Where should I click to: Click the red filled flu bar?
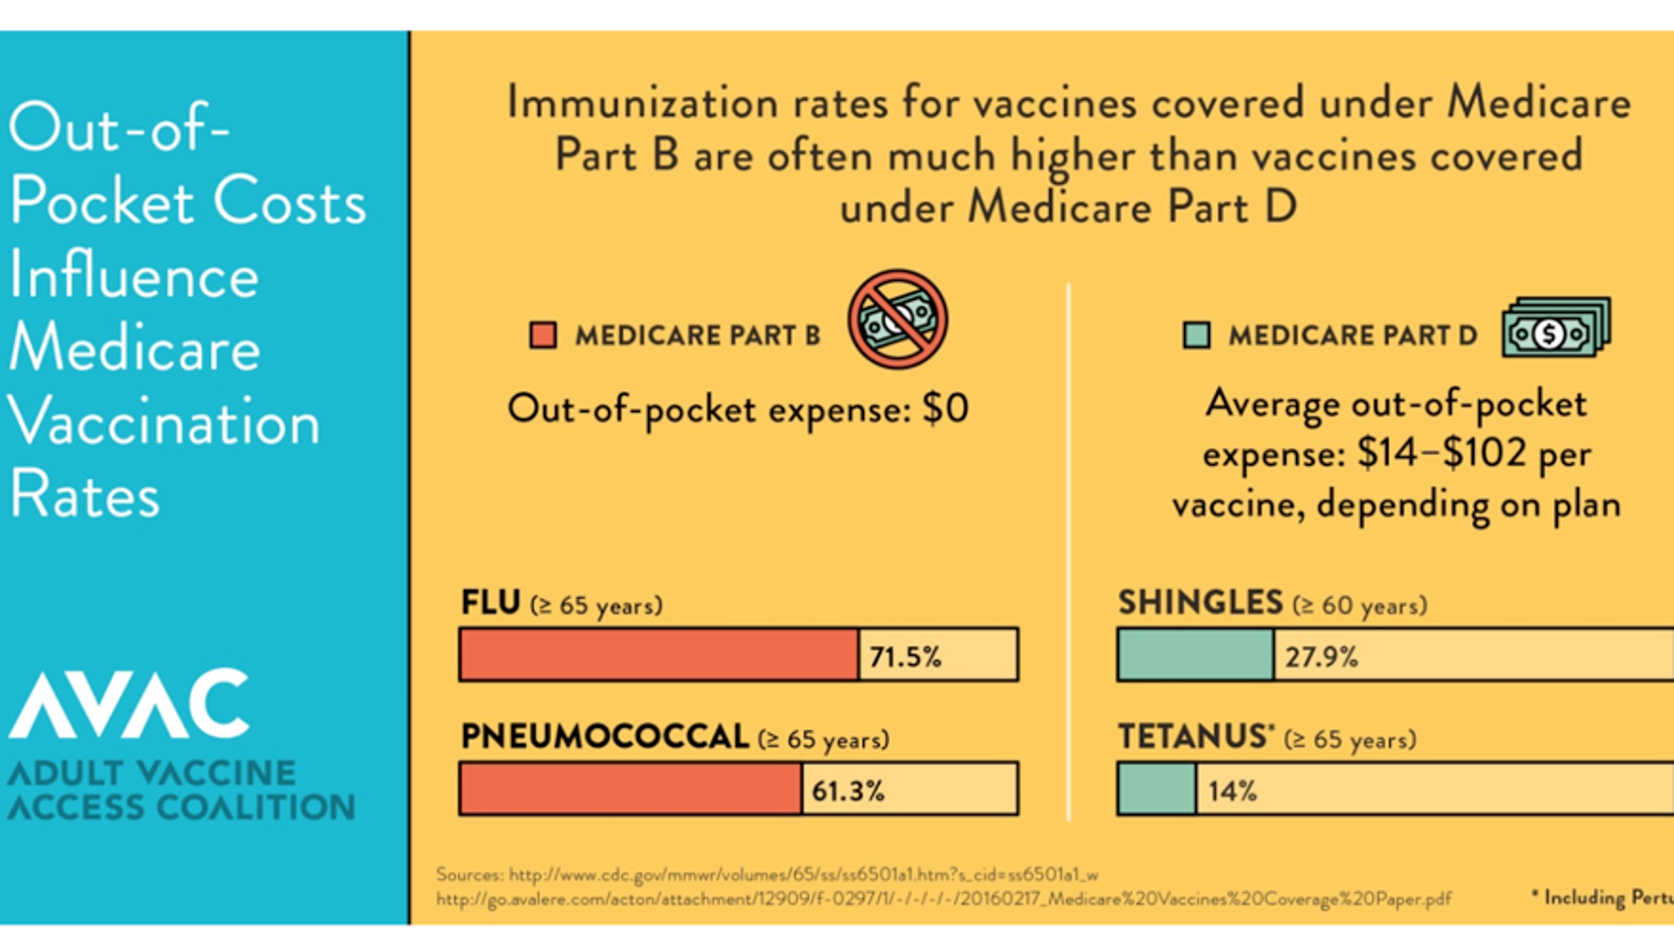(659, 654)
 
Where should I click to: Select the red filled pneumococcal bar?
(630, 788)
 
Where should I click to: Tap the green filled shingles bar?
(1195, 654)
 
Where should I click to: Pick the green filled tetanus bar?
(1157, 788)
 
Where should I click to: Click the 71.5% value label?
(905, 656)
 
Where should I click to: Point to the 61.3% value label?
(847, 790)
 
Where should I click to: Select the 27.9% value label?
(1321, 656)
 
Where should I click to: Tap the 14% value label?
(1232, 790)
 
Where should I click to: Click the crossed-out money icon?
(896, 319)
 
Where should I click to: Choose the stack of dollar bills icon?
(1556, 327)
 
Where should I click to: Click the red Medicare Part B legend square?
(543, 335)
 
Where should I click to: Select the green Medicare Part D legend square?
(1196, 335)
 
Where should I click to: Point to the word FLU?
(490, 603)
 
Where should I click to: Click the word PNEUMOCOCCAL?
(604, 736)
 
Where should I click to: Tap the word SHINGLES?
(1200, 603)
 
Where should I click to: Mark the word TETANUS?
(1192, 736)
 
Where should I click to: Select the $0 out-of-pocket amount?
(944, 408)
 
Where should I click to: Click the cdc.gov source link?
(766, 874)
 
